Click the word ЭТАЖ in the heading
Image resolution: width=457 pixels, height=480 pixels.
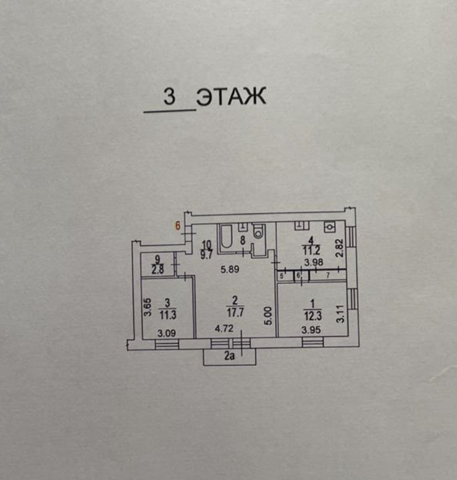tap(231, 96)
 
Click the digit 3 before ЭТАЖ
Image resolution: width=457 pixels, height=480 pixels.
tap(170, 97)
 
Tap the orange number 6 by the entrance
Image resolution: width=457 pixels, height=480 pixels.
tap(178, 225)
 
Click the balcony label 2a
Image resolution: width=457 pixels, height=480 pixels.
tap(229, 355)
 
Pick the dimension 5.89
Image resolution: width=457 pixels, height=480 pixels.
tap(230, 270)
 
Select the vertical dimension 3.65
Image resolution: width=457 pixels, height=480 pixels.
tap(147, 309)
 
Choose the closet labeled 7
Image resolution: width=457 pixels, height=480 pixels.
tap(327, 275)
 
